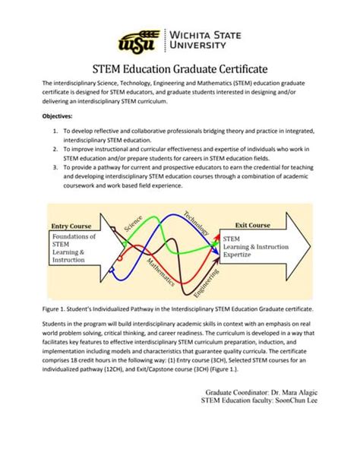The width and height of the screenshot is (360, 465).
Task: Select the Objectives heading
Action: pos(58,116)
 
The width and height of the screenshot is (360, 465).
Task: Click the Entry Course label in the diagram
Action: pos(71,226)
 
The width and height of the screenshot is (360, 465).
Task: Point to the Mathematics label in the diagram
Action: pos(160,270)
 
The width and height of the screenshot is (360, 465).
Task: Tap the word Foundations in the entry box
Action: pos(74,236)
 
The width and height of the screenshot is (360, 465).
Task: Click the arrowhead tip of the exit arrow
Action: pos(310,245)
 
